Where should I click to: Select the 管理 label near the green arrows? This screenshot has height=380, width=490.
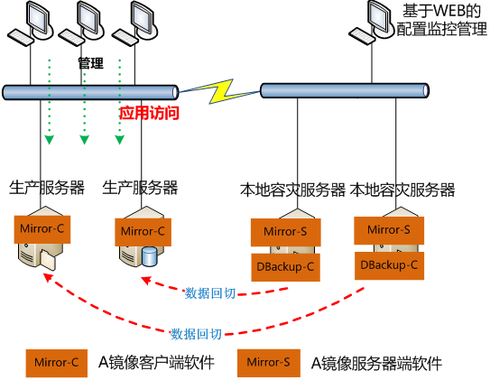tap(91, 64)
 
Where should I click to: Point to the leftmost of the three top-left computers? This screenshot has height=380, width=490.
tap(31, 23)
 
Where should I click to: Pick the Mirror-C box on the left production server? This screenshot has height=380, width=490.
tap(42, 229)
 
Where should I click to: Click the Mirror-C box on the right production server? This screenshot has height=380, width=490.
tap(143, 231)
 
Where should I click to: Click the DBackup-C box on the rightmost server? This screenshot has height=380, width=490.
tap(389, 265)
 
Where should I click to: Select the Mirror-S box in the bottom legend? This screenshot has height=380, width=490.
tap(268, 363)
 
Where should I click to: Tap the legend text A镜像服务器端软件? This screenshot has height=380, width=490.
tap(376, 363)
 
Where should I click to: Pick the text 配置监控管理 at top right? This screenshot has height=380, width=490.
tap(441, 29)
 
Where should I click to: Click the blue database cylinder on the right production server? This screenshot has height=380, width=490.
tap(149, 257)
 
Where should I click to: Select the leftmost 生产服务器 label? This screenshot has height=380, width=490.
tap(47, 188)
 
